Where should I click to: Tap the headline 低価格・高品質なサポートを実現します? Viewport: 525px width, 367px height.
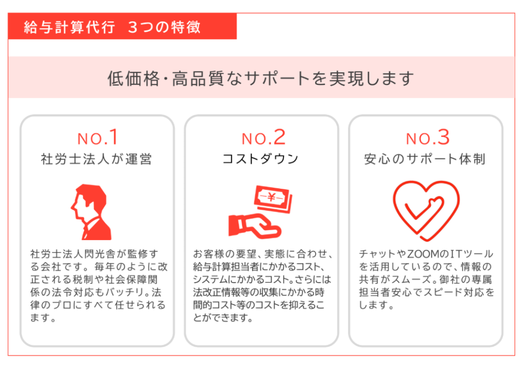261,78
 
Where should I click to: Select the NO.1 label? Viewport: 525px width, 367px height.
97,137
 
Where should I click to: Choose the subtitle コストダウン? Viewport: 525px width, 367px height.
261,159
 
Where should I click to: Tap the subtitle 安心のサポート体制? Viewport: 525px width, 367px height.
425,159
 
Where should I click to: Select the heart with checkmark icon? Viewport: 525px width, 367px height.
426,210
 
